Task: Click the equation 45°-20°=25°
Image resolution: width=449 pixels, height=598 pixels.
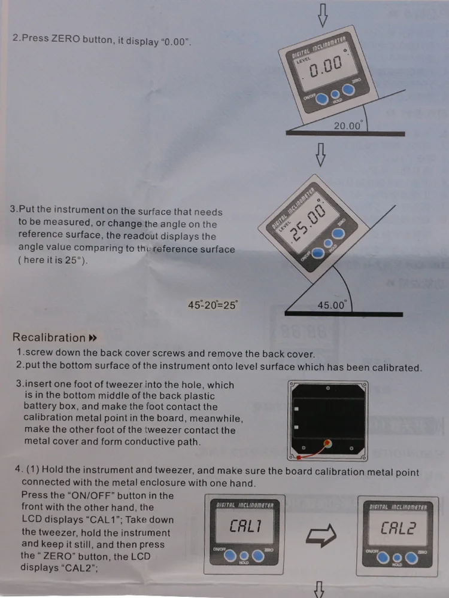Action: pos(213,305)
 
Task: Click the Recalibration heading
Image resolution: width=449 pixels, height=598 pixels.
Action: pos(49,338)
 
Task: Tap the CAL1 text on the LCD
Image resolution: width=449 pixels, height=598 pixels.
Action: pos(245,526)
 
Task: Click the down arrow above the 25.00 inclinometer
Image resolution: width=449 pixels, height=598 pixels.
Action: pos(321,154)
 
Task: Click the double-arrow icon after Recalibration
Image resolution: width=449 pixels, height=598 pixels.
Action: pos(92,338)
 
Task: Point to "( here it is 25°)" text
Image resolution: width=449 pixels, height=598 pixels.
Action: pos(53,261)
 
